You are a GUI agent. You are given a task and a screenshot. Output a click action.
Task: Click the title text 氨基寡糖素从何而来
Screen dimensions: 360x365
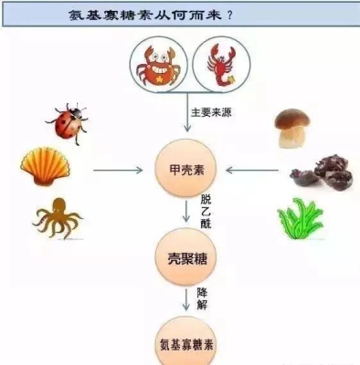pyautogui.click(x=152, y=16)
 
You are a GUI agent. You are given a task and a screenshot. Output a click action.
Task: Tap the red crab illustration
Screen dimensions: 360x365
pyautogui.click(x=156, y=65)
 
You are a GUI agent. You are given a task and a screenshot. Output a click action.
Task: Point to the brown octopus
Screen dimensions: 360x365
pyautogui.click(x=57, y=218)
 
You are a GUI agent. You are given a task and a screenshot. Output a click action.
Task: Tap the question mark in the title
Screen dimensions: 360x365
pyautogui.click(x=241, y=16)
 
